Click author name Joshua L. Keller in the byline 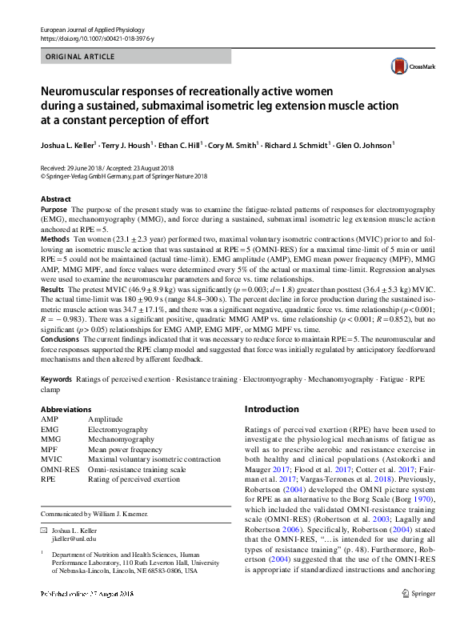coord(69,146)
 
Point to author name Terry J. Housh coord(128,146)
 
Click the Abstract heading coord(55,198)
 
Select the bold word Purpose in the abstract coord(54,209)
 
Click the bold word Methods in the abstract coord(54,239)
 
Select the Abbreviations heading coord(66,410)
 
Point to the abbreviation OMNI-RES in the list coord(59,470)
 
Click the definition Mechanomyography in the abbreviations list coord(121,439)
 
